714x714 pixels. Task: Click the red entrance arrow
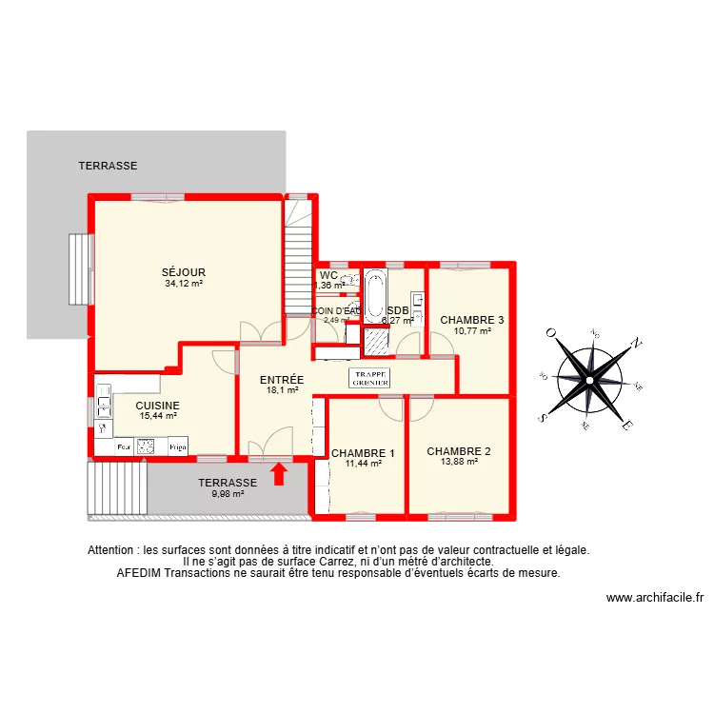click(279, 473)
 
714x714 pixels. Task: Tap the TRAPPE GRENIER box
click(370, 377)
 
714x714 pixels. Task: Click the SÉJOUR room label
click(184, 272)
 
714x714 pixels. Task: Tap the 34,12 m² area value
click(184, 283)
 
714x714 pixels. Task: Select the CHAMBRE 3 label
click(471, 320)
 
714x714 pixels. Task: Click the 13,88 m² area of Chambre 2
click(459, 462)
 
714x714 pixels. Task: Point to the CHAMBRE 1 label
click(363, 453)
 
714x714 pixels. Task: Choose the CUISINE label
click(157, 405)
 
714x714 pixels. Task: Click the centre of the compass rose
click(590, 378)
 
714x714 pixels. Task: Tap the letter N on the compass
click(638, 345)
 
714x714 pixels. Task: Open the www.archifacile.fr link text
click(654, 598)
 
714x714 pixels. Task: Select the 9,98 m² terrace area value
click(228, 493)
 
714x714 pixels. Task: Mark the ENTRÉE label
click(282, 379)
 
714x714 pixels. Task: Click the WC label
click(328, 275)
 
